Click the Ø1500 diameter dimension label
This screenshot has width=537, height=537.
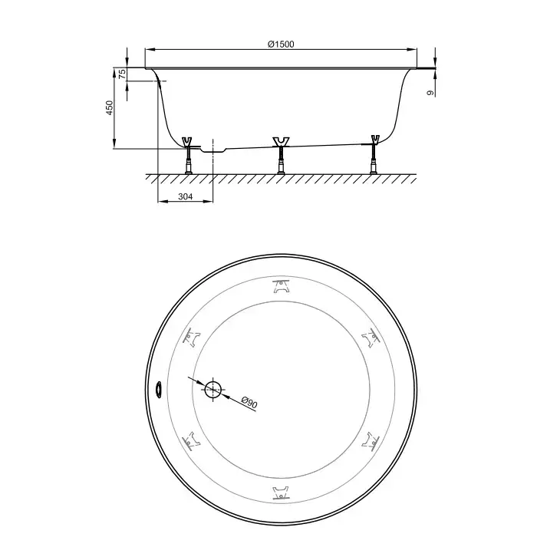[x=281, y=44]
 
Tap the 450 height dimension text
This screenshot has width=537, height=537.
[x=110, y=107]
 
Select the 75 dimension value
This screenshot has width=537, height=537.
[x=122, y=74]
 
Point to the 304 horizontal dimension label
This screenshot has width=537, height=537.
[x=186, y=196]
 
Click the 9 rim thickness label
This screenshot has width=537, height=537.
[x=430, y=93]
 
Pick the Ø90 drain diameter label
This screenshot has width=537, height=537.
[x=249, y=402]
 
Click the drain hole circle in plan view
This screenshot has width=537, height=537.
[x=213, y=390]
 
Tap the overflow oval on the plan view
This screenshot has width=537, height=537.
[x=159, y=390]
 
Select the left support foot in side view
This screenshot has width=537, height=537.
[x=188, y=156]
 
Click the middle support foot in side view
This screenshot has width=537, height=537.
[x=281, y=156]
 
